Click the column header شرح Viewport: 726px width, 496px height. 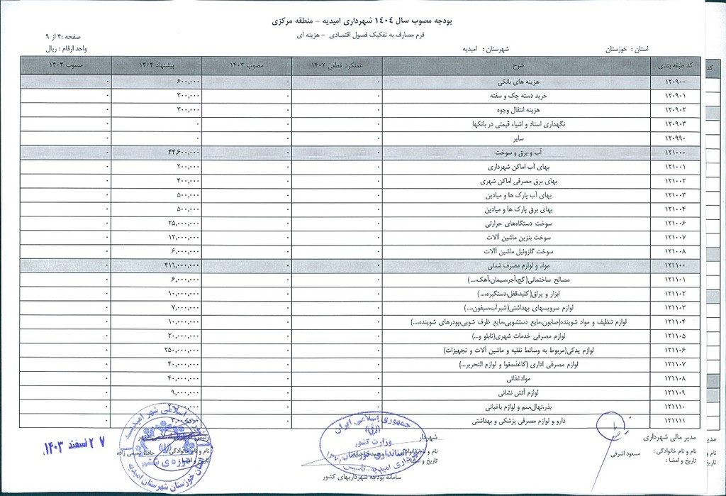click(516, 66)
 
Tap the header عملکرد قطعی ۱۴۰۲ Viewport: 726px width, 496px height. click(337, 66)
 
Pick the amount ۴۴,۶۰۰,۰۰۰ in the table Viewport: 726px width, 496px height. click(183, 152)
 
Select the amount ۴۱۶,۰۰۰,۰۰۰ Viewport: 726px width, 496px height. click(181, 265)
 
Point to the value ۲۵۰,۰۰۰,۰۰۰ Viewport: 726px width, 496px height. click(182, 350)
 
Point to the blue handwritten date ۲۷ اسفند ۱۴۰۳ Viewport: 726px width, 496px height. click(73, 446)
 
